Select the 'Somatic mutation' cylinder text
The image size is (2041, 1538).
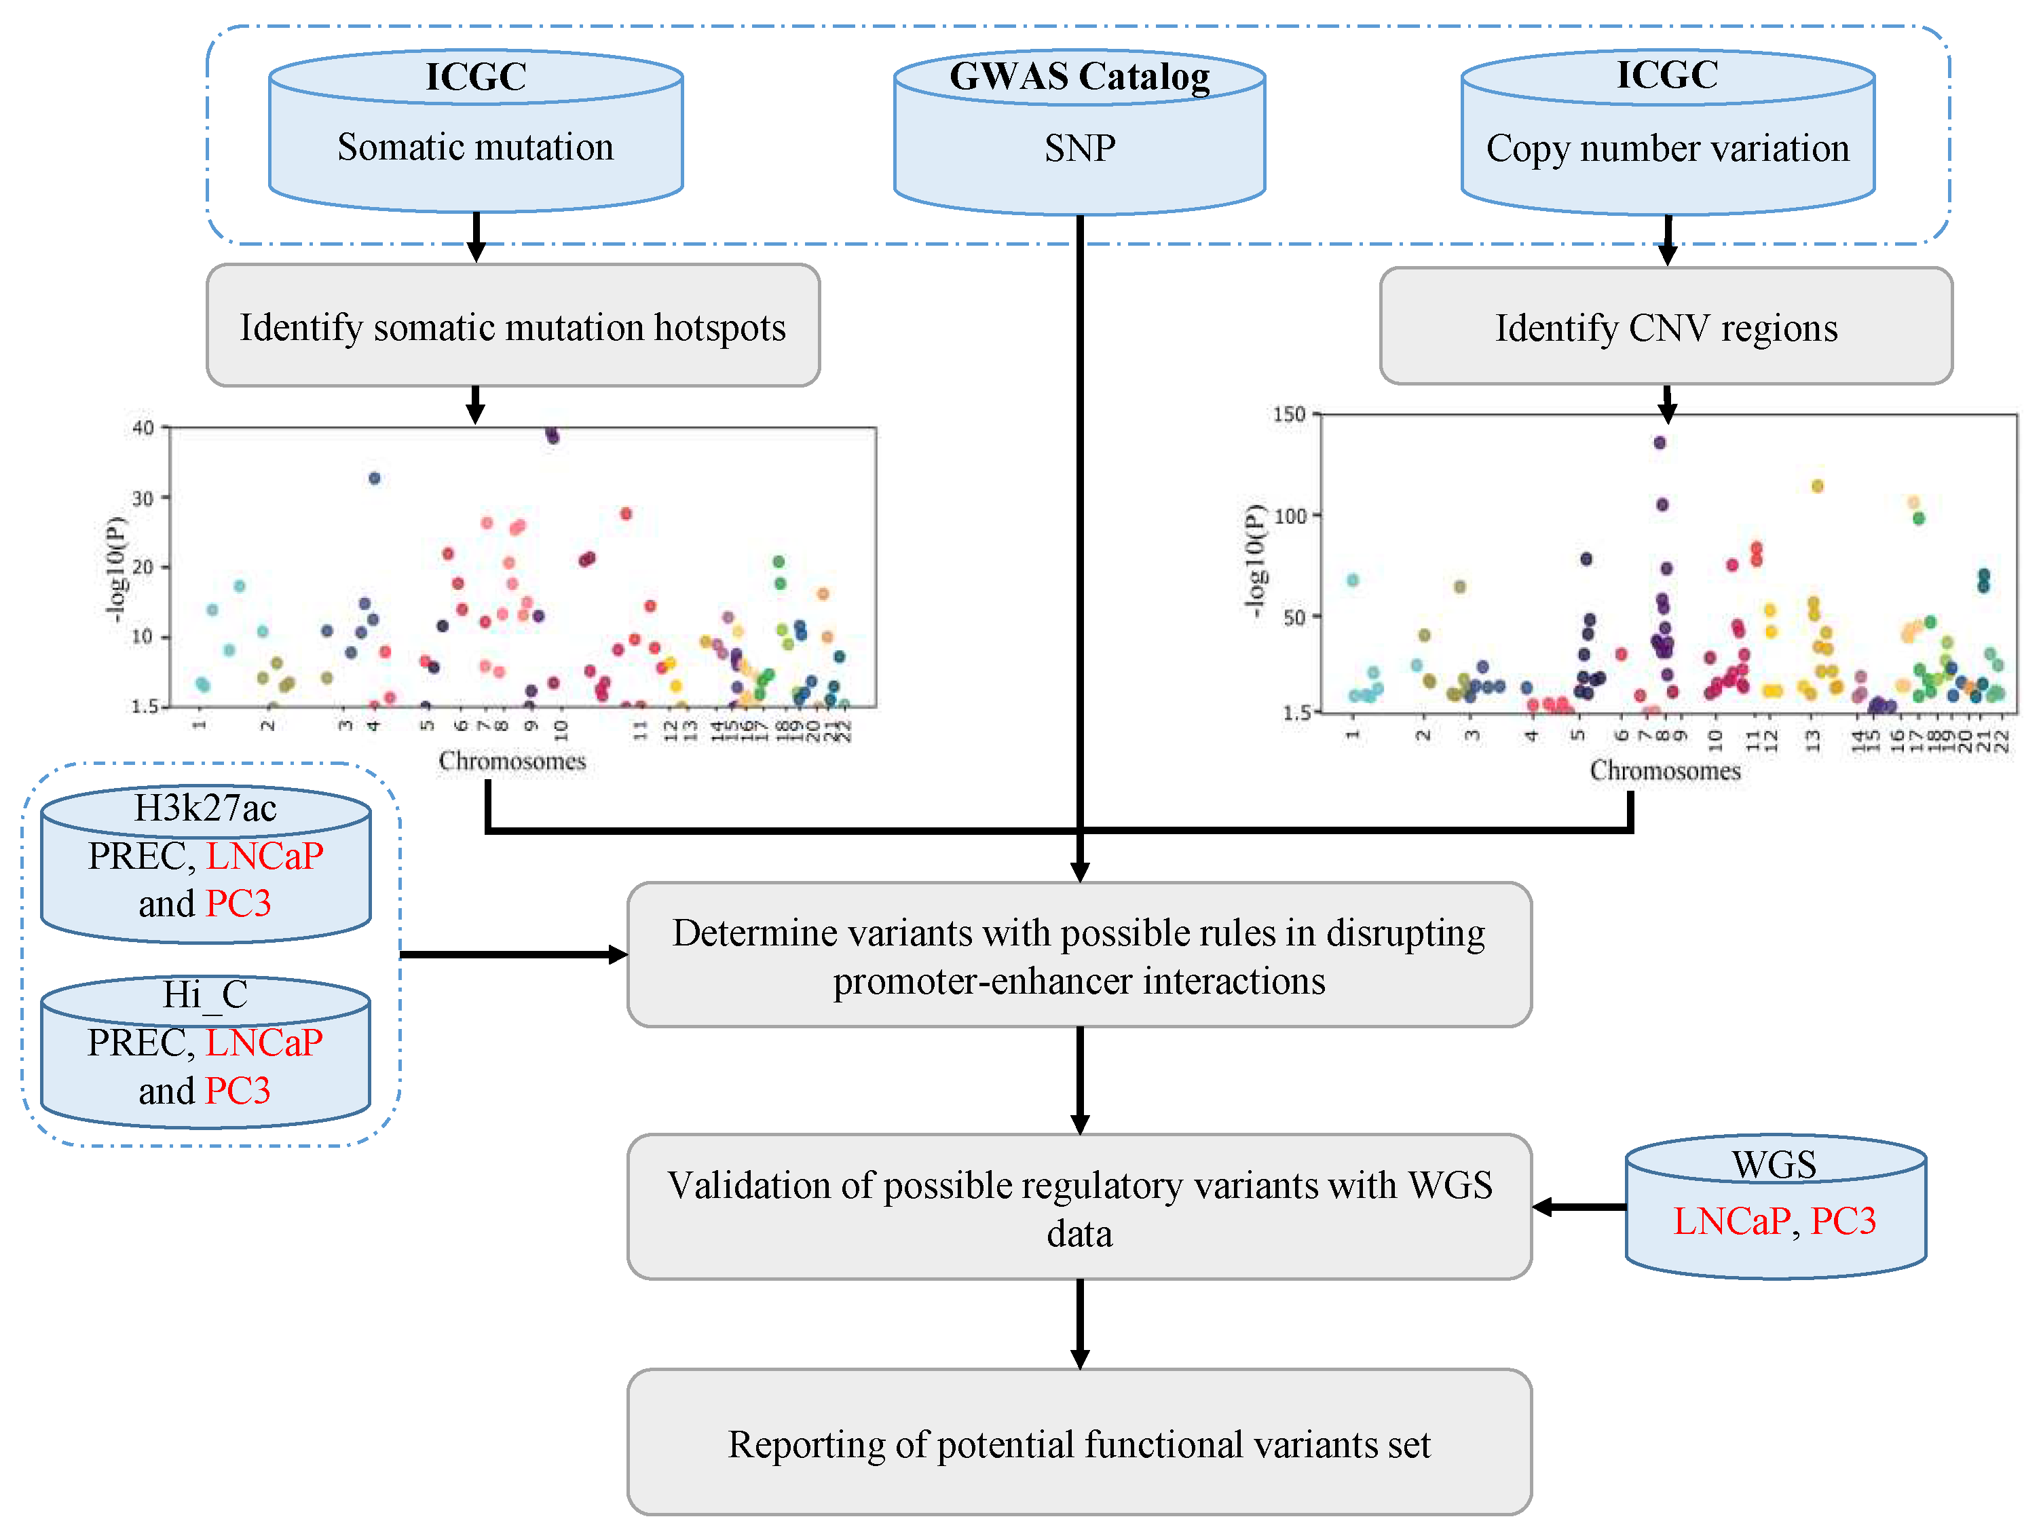pyautogui.click(x=475, y=147)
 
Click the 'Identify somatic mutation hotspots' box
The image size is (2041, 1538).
pyautogui.click(x=513, y=326)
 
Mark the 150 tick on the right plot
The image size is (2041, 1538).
pyautogui.click(x=1289, y=414)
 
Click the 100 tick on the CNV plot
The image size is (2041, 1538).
pyautogui.click(x=1290, y=516)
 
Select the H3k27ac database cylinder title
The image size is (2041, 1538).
pyautogui.click(x=205, y=808)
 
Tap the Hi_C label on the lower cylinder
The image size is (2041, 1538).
pyautogui.click(x=205, y=994)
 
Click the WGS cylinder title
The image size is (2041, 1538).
pyautogui.click(x=1774, y=1164)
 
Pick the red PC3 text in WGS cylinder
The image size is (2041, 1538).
pyautogui.click(x=1843, y=1220)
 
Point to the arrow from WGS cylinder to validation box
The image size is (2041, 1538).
pyautogui.click(x=1579, y=1207)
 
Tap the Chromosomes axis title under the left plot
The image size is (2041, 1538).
pyautogui.click(x=512, y=761)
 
